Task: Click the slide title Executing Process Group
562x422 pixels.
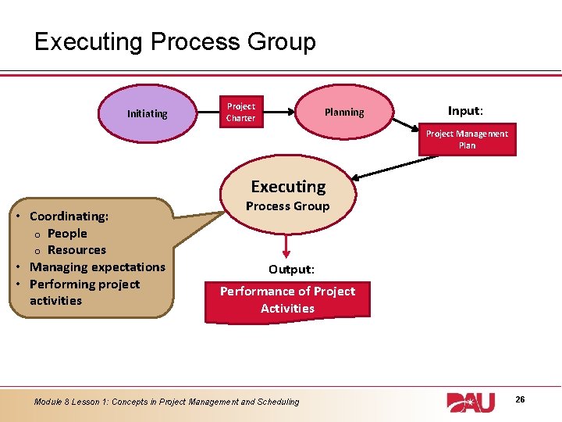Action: pyautogui.click(x=175, y=41)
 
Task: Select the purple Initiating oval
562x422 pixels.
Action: pyautogui.click(x=147, y=113)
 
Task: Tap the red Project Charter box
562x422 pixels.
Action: pyautogui.click(x=240, y=113)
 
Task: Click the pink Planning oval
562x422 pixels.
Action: pyautogui.click(x=344, y=113)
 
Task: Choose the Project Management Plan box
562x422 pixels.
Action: pyautogui.click(x=467, y=139)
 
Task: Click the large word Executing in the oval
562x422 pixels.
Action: pyautogui.click(x=288, y=187)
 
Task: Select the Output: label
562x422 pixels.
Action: pyautogui.click(x=291, y=269)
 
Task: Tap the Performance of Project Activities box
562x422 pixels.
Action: pyautogui.click(x=287, y=299)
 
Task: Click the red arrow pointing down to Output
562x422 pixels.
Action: pyautogui.click(x=288, y=243)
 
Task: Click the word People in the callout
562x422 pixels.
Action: pyautogui.click(x=67, y=233)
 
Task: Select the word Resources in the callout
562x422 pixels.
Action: pyautogui.click(x=76, y=250)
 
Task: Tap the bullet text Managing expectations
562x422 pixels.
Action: pyautogui.click(x=98, y=267)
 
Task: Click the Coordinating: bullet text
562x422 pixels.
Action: pyautogui.click(x=69, y=216)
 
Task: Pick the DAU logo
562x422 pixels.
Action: pyautogui.click(x=471, y=402)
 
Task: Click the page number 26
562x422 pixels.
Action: pyautogui.click(x=520, y=399)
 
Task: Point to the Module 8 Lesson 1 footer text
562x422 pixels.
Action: pyautogui.click(x=166, y=402)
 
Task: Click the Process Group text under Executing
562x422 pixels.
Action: pyautogui.click(x=288, y=206)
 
